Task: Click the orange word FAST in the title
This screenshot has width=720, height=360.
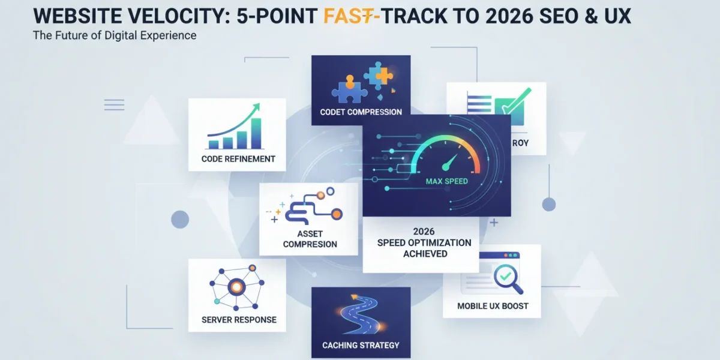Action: click(349, 16)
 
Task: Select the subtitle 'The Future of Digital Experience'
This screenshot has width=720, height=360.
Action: click(115, 35)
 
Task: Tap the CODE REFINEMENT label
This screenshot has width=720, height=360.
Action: click(238, 159)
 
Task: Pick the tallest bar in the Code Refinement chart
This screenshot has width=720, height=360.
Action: click(256, 133)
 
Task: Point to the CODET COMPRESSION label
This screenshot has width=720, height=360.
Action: click(361, 112)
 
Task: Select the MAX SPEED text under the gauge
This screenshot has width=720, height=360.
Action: click(447, 181)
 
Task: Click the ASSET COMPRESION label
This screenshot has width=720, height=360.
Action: click(310, 239)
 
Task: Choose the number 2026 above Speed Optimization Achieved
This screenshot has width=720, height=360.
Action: click(424, 232)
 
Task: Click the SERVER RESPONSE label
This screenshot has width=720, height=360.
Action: click(239, 320)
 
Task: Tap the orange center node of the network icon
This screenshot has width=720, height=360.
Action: click(236, 287)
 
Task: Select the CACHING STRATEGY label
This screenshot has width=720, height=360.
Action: click(361, 345)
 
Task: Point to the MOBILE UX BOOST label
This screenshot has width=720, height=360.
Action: click(493, 306)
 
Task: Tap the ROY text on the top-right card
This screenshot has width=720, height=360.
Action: click(520, 143)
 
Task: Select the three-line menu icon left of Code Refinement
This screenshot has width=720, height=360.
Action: click(114, 105)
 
